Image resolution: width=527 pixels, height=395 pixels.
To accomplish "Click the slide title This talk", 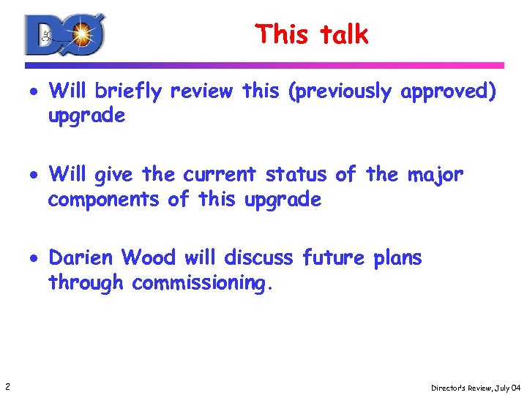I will [312, 34].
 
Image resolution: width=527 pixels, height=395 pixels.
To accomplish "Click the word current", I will [220, 175].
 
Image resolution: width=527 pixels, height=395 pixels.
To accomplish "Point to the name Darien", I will [81, 258].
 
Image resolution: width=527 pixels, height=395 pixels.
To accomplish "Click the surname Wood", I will [149, 258].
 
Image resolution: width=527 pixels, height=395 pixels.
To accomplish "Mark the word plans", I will [397, 258].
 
